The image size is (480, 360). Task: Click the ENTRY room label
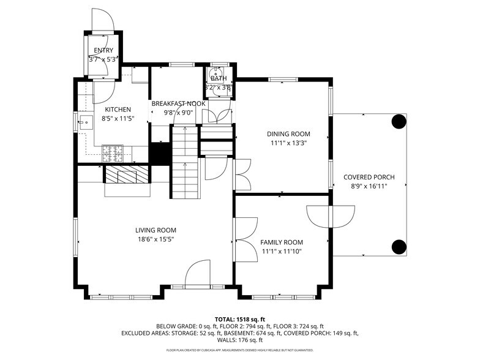[103, 50]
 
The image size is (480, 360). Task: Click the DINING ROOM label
[288, 134]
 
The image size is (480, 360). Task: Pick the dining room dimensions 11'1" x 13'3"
[288, 143]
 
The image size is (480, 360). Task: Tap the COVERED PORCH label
[369, 177]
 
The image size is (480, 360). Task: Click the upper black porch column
[399, 121]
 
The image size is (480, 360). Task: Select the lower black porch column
[399, 247]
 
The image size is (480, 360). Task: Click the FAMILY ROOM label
[282, 242]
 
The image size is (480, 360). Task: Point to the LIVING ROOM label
[156, 230]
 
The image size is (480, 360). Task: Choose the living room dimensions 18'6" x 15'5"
[156, 239]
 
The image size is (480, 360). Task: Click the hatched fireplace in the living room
[127, 176]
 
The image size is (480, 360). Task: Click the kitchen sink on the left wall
[84, 121]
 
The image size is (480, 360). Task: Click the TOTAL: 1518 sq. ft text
[239, 319]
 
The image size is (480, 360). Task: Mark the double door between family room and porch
[331, 216]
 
